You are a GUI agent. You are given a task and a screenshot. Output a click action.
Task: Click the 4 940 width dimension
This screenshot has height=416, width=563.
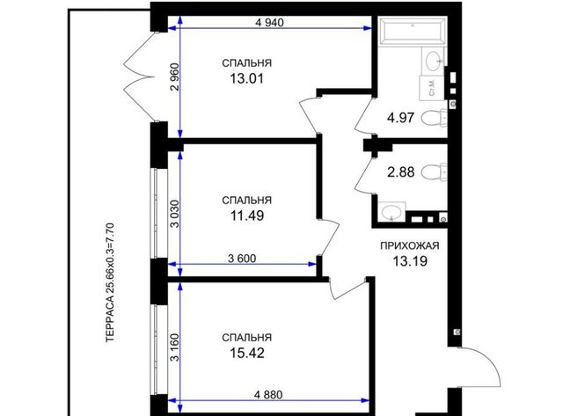(269, 23)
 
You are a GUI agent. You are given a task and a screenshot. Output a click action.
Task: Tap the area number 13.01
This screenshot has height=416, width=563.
(246, 78)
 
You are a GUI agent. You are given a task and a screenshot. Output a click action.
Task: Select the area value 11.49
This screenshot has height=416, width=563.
(247, 215)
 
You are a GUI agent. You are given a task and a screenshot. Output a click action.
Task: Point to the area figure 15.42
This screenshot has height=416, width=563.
(247, 353)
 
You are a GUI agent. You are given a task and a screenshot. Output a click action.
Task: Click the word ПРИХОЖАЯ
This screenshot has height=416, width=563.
(410, 246)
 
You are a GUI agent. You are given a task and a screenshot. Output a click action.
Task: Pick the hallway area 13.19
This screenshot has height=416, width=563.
(410, 261)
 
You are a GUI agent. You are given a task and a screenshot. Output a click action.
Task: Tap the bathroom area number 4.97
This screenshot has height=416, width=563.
(401, 118)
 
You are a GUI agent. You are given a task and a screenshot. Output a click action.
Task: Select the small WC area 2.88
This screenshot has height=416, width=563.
(401, 172)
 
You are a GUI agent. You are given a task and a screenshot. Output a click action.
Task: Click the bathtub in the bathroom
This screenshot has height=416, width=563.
(413, 32)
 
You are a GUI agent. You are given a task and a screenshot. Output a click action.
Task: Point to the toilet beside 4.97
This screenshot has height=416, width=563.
(434, 118)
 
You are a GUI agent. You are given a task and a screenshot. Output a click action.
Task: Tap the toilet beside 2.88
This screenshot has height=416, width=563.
(434, 172)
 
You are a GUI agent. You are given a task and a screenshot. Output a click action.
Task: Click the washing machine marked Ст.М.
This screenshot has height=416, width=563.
(432, 88)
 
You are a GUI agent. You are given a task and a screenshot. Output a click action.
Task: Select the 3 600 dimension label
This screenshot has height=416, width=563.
(242, 259)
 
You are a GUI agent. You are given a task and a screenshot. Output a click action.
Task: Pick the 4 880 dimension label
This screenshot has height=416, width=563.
(268, 395)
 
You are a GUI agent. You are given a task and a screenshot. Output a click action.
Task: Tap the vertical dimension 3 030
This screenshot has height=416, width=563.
(174, 214)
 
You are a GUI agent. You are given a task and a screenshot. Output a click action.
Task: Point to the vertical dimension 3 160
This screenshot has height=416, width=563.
(174, 347)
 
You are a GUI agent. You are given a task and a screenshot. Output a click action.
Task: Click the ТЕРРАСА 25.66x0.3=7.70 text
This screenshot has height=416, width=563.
(110, 283)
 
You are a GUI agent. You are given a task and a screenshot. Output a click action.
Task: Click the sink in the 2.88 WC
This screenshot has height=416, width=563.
(391, 212)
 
